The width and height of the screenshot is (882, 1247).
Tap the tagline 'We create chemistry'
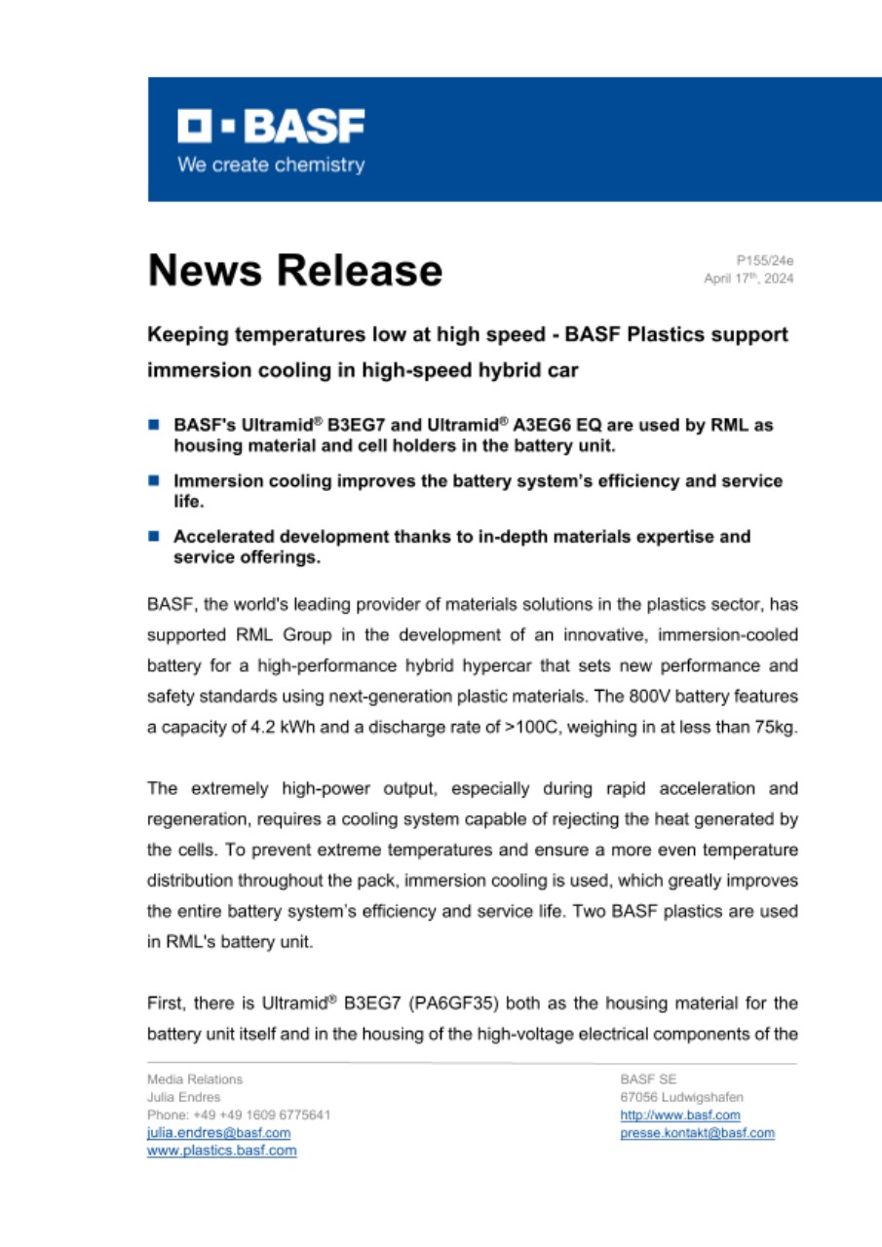[x=270, y=165]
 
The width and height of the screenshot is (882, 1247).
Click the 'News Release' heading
[x=294, y=269]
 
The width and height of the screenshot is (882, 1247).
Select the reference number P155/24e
[x=766, y=261]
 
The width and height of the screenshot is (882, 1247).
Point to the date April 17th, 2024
[x=748, y=279]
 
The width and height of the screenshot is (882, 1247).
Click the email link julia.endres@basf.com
[x=218, y=1133]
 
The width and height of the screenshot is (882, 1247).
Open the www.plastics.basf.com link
[x=221, y=1151]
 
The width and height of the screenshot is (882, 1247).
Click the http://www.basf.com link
[x=680, y=1115]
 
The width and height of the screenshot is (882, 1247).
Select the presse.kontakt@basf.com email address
[x=697, y=1133]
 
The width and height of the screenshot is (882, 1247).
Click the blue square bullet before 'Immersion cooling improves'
[x=153, y=480]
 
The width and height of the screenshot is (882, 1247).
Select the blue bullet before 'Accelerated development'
[x=153, y=536]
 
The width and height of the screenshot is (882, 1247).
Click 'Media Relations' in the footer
[x=195, y=1078]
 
